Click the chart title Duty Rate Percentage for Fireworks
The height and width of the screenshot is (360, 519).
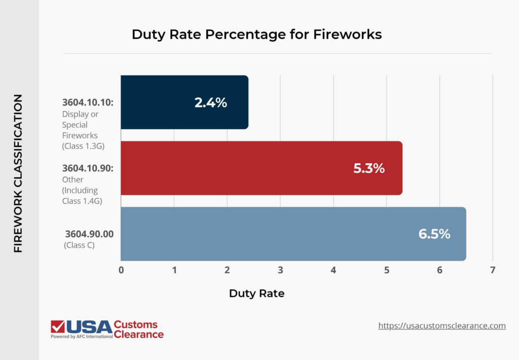256,34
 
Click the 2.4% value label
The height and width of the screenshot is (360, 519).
211,102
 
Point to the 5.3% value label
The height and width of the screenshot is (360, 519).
369,168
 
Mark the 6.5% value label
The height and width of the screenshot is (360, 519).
434,234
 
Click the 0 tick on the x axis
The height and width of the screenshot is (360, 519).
121,270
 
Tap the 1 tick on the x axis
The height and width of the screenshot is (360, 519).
174,270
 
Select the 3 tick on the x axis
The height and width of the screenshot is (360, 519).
280,270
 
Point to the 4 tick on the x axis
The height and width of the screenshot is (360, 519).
333,270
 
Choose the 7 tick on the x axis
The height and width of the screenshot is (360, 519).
493,270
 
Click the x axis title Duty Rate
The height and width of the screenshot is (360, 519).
256,293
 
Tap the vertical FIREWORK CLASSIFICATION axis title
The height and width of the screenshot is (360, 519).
18,173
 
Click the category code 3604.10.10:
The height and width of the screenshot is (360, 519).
88,102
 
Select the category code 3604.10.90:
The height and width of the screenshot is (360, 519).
88,168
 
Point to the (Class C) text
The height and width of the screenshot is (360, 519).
80,245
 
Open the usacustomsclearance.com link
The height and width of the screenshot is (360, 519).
442,326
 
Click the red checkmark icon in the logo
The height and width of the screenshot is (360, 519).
57,327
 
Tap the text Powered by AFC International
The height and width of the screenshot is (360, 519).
82,336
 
